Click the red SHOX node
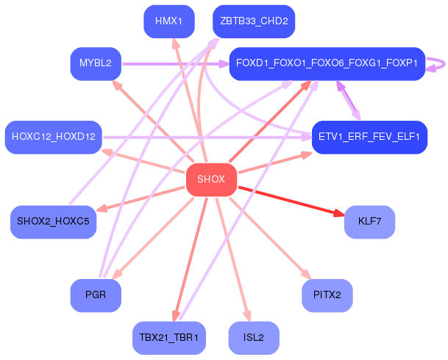[211, 180]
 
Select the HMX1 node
[169, 21]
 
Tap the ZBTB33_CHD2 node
[254, 21]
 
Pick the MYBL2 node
[96, 63]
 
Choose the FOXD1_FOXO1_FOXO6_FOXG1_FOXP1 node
[327, 63]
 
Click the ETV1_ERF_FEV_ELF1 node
[369, 137]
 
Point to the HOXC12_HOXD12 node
[54, 137]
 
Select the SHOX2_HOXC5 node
[54, 222]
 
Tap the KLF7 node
[369, 222]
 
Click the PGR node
[96, 295]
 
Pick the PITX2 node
[327, 295]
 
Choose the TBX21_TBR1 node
[169, 338]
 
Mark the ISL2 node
[254, 338]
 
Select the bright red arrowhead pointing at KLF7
[339, 213]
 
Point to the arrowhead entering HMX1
[176, 43]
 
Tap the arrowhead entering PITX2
[306, 274]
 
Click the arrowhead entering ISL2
[248, 317]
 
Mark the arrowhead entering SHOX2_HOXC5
[102, 208]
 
